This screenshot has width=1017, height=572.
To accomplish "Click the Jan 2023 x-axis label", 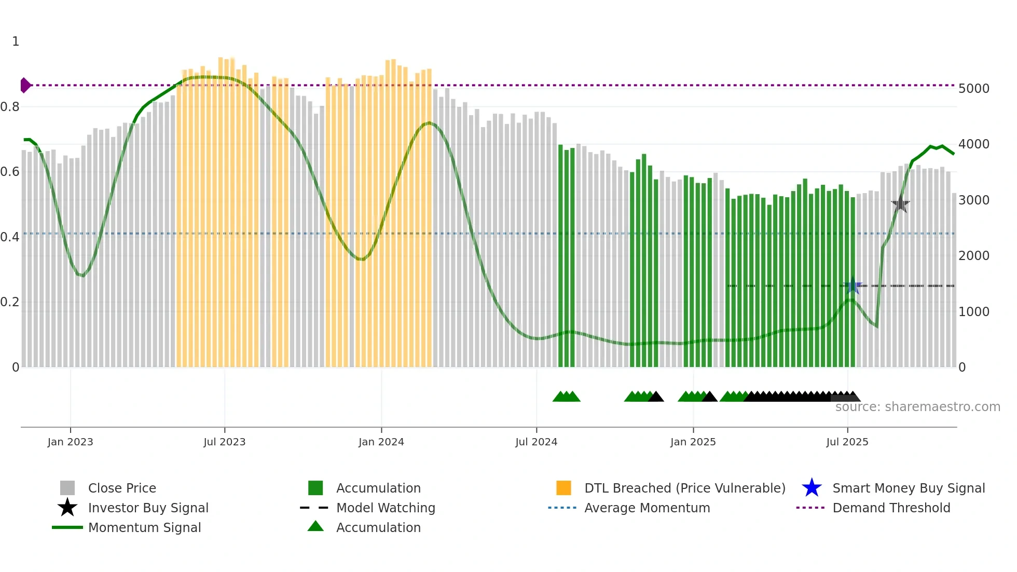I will click(70, 442).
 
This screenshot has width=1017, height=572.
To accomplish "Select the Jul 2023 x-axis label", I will click(224, 442).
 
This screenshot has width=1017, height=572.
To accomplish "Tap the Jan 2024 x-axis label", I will click(381, 442).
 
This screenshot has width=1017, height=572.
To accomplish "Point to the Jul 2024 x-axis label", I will click(536, 442).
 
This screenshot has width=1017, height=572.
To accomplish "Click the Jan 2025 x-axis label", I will click(693, 442).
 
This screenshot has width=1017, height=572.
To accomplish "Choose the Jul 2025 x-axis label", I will click(847, 442).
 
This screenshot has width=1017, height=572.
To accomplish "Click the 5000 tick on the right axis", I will click(973, 89).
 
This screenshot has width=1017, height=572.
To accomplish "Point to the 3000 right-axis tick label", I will click(973, 200).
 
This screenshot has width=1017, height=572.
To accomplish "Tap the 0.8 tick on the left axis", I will click(10, 107).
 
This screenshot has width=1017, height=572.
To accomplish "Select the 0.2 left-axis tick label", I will click(10, 302).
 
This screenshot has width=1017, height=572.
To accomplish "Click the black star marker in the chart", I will click(900, 205).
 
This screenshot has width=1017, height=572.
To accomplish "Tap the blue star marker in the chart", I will click(852, 285).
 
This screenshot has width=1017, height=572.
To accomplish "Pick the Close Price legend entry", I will click(121, 488).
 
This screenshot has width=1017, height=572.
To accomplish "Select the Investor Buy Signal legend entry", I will click(148, 508).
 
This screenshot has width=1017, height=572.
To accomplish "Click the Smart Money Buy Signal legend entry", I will click(908, 488).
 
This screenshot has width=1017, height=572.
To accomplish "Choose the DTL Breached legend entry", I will click(684, 488).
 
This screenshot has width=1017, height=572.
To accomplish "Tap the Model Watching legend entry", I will click(385, 508).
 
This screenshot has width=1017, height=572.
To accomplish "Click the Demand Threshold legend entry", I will click(891, 508).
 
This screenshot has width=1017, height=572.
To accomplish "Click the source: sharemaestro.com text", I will click(917, 407).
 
